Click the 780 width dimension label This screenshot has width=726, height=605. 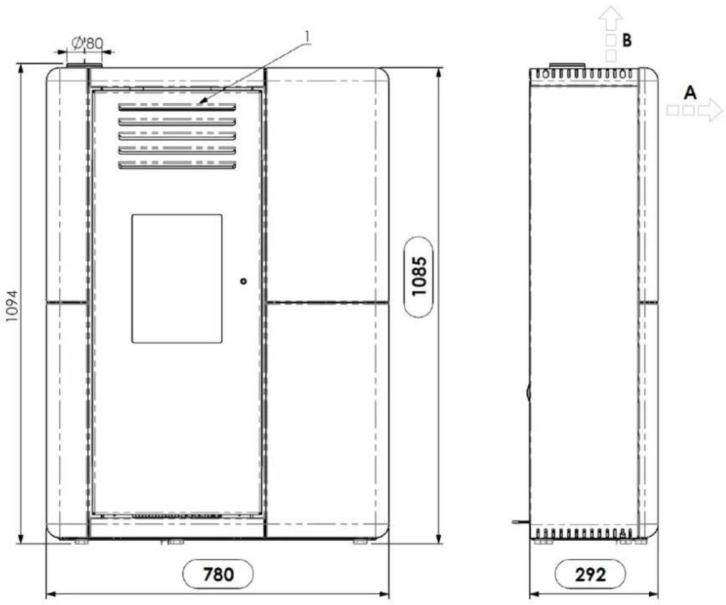pos(218,574)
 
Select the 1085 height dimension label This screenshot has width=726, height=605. pos(419,277)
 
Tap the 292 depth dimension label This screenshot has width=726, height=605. pos(590,574)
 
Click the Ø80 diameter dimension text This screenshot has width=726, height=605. pos(87,43)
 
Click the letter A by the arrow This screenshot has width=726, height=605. pos(690,93)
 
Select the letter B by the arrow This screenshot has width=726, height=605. pos(626,40)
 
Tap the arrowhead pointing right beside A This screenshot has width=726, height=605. pos(710,110)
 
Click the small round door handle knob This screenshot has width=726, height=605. pos(243,281)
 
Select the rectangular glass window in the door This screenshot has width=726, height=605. pos(177,279)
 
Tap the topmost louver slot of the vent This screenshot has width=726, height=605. pos(177,107)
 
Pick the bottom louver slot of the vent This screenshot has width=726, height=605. pos(177,164)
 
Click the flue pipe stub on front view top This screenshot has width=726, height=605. pos(84,65)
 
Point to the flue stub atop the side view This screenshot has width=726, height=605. pos(567,65)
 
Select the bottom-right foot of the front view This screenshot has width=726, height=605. pos(360,541)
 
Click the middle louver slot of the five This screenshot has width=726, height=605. pos(177,136)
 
